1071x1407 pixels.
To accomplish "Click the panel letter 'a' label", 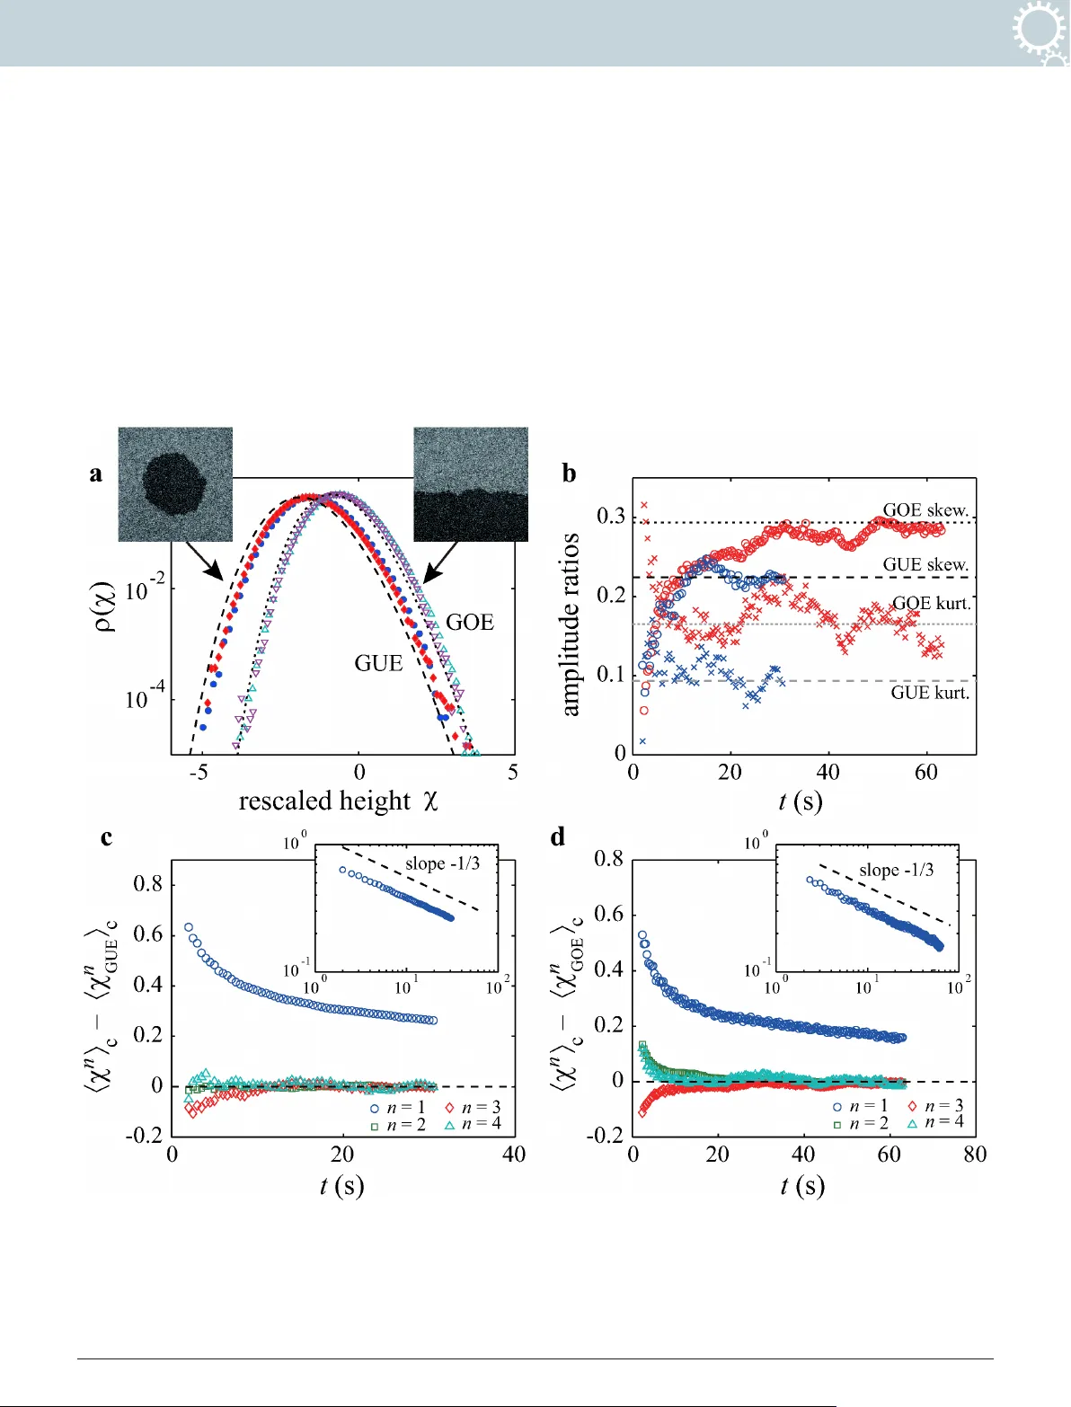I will click(96, 474).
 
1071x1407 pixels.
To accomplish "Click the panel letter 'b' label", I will click(569, 473).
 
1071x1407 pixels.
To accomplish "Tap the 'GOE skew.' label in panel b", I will click(925, 509).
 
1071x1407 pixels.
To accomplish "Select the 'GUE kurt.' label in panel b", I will click(930, 693).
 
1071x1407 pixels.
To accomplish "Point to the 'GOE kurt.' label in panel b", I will click(931, 604).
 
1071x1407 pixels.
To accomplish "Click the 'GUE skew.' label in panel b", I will click(925, 564).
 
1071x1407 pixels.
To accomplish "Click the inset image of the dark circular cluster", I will click(175, 484).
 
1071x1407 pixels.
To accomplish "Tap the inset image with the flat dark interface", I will click(471, 484).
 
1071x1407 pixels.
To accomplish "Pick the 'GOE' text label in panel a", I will click(470, 623).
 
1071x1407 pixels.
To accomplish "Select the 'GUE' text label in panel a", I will click(378, 663).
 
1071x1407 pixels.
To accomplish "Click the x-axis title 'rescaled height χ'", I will click(338, 801).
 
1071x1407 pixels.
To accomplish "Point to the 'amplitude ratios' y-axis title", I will click(570, 624).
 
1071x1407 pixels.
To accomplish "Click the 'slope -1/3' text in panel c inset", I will click(442, 863).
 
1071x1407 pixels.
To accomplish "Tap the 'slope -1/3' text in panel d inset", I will click(896, 870).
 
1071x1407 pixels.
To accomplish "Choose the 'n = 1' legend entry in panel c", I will click(399, 1108).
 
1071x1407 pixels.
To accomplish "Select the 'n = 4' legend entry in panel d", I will click(936, 1122).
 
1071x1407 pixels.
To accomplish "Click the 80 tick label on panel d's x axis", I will click(975, 1155).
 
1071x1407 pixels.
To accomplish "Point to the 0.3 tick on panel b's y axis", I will click(611, 517).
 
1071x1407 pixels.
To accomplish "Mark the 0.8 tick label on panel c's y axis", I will click(148, 884).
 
